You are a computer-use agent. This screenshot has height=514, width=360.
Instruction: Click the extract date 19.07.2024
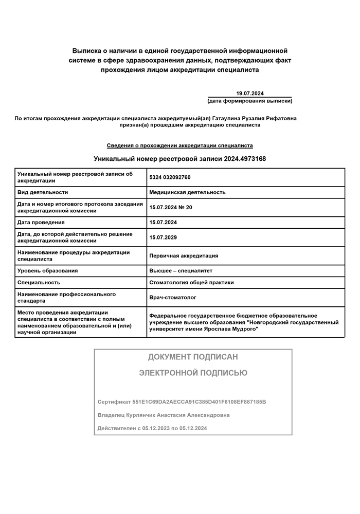[249, 93]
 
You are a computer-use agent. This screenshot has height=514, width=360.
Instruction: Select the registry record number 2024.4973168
[245, 159]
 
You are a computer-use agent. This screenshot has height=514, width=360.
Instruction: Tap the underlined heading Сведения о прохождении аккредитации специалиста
[179, 145]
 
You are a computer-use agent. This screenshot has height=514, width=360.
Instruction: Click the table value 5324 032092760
[170, 177]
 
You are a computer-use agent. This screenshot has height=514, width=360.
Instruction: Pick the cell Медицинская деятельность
[187, 192]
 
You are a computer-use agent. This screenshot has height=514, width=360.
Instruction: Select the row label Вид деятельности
[43, 192]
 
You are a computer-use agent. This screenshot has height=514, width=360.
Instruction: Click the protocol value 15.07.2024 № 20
[170, 207]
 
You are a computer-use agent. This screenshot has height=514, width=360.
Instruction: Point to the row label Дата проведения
[41, 222]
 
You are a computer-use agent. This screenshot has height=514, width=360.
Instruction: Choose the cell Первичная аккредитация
[184, 255]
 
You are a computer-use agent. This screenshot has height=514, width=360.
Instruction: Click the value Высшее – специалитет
[181, 270]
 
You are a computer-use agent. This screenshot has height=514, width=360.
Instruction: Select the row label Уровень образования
[47, 270]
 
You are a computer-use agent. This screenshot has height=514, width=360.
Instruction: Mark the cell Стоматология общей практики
[191, 282]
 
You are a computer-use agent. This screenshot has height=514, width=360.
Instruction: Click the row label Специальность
[39, 282]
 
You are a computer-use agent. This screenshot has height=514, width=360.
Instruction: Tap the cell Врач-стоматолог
[173, 297]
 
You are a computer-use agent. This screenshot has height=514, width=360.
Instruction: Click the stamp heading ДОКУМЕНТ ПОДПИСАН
[193, 357]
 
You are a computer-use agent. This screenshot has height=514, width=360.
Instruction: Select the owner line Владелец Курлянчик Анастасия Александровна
[164, 415]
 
